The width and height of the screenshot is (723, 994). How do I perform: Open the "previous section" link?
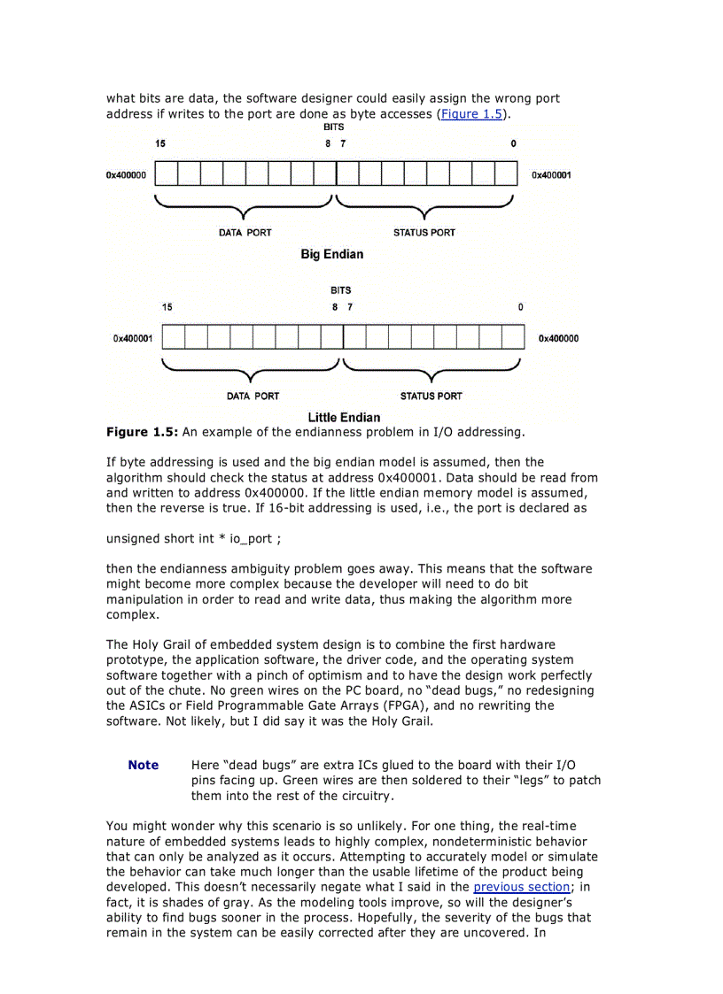pos(509,887)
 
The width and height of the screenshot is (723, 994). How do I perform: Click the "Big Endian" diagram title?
pos(331,254)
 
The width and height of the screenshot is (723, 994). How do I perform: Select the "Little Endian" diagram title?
pos(344,417)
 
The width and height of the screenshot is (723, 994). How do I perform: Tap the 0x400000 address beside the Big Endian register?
pos(126,175)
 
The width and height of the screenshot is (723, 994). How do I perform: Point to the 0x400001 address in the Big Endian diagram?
pos(551,175)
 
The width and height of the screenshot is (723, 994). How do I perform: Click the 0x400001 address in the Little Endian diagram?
pos(133,338)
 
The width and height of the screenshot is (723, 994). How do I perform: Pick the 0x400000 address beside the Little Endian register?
pos(558,338)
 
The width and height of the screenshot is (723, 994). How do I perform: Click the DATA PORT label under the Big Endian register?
pos(245,233)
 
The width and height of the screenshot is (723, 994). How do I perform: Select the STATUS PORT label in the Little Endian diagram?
pos(431,396)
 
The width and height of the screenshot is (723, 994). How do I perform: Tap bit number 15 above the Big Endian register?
pos(160,143)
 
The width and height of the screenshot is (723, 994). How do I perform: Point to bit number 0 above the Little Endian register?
pos(520,307)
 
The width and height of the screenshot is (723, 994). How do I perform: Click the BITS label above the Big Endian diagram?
pos(334,127)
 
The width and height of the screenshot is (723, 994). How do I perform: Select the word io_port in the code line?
pos(252,539)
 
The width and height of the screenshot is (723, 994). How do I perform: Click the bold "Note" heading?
pos(144,765)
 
